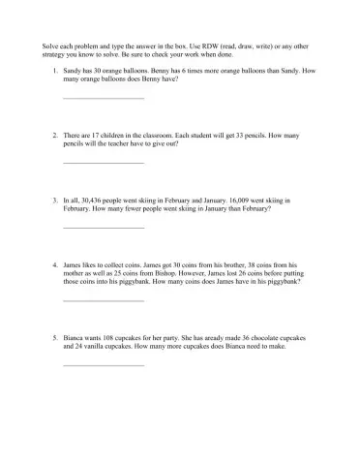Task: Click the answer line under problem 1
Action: click(103, 98)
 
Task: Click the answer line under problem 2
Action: click(103, 162)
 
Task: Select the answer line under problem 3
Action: click(103, 227)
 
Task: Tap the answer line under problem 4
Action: click(103, 300)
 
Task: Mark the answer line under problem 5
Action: click(103, 365)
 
